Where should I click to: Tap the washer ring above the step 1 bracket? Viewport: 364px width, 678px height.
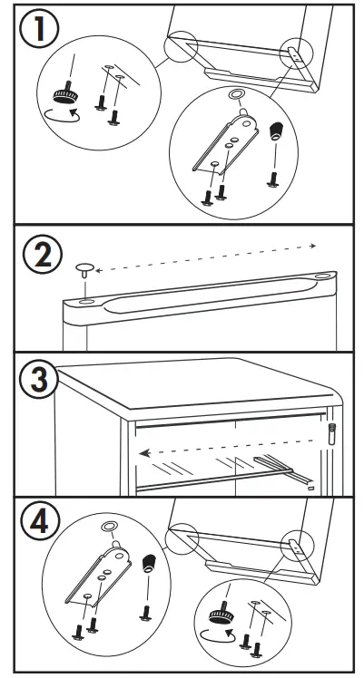coord(234,95)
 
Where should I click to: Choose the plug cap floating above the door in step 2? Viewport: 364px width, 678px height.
coord(83,269)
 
